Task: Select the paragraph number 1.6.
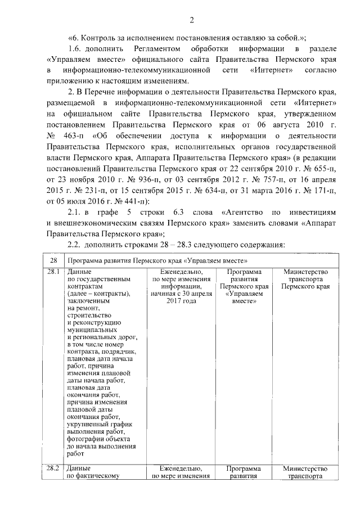tap(75, 50)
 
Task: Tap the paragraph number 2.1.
tap(75, 212)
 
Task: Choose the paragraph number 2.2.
tap(75, 244)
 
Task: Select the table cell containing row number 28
tap(53, 261)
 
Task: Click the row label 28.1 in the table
tap(53, 272)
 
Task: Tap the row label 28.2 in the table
tap(53, 468)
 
